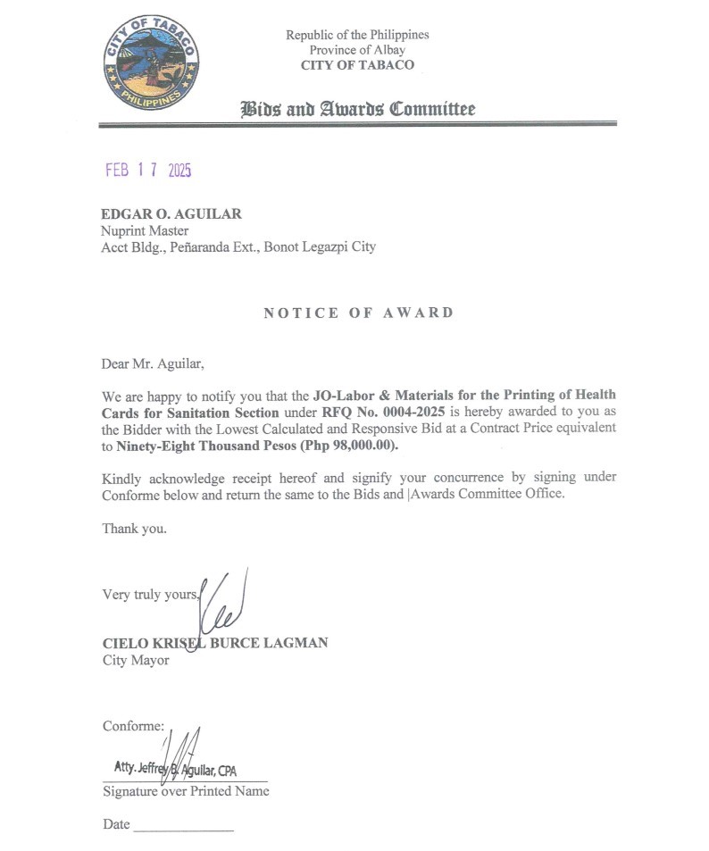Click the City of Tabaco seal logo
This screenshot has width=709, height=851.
(x=151, y=62)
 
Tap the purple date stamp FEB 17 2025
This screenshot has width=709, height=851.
(x=148, y=171)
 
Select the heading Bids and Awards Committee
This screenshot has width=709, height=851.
(x=357, y=109)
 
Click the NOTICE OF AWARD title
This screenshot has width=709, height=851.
(x=359, y=313)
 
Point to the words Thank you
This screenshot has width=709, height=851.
(x=134, y=528)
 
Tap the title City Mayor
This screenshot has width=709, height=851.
(x=136, y=660)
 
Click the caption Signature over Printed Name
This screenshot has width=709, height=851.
(x=186, y=791)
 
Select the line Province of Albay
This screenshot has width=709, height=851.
(x=357, y=50)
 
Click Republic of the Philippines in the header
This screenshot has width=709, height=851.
(x=357, y=35)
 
